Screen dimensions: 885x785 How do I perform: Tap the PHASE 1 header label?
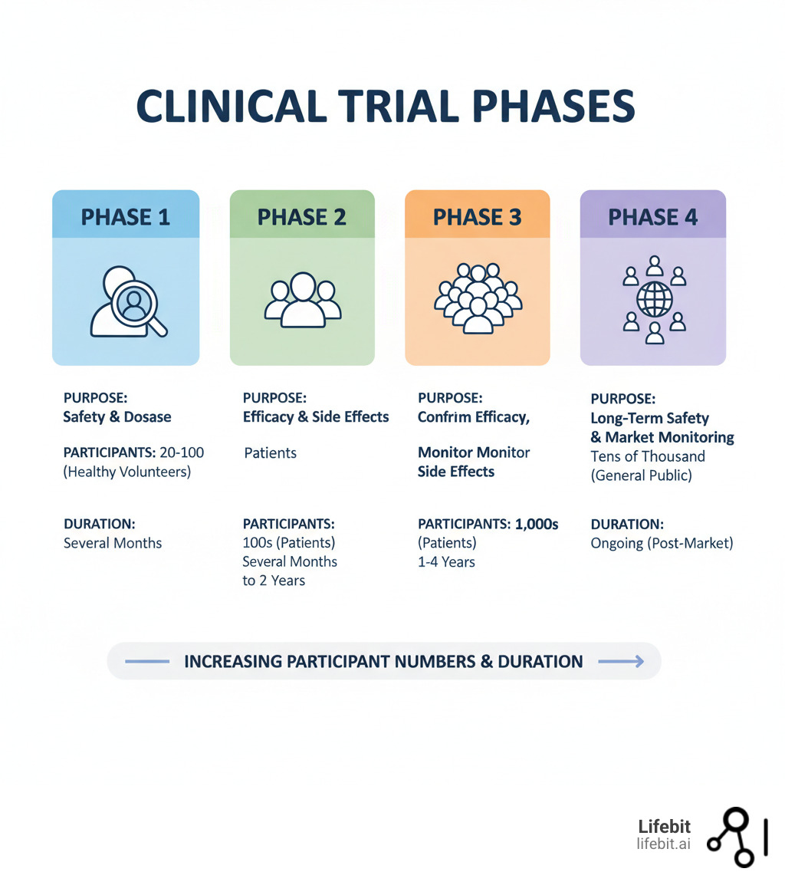(126, 217)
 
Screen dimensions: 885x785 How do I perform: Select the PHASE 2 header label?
(302, 217)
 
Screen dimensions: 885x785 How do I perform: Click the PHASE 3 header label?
(478, 217)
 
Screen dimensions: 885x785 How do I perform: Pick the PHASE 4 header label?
(653, 217)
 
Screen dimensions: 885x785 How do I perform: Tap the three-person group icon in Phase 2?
(302, 301)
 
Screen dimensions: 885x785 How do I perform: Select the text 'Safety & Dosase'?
(117, 417)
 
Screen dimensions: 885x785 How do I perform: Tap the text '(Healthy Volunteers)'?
(126, 472)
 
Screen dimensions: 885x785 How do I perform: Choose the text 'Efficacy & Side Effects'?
(316, 417)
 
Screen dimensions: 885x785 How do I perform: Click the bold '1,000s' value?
(537, 525)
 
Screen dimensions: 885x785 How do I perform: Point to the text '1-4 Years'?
(446, 562)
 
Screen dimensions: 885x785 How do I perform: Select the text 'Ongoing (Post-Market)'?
(662, 544)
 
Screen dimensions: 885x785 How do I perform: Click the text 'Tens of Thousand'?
(648, 456)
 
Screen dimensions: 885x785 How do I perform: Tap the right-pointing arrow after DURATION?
(620, 662)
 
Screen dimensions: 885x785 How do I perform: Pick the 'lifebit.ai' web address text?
(663, 844)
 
